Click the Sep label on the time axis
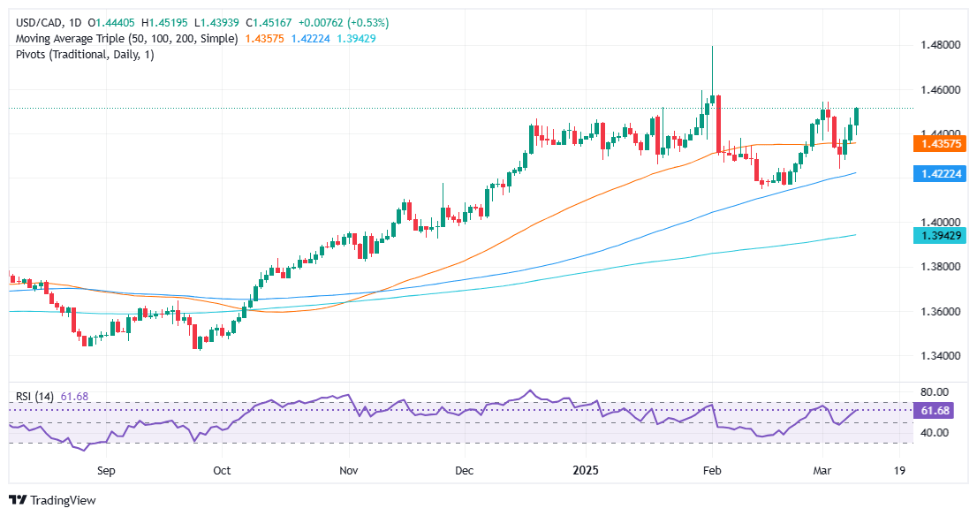click(x=107, y=471)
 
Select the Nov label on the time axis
click(x=351, y=471)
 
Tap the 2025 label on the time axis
click(x=586, y=471)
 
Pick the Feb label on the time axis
click(x=712, y=471)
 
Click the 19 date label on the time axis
click(x=899, y=471)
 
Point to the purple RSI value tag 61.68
click(x=939, y=410)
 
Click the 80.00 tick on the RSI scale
click(x=937, y=391)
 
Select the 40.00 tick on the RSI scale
click(x=937, y=433)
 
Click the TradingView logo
click(x=51, y=500)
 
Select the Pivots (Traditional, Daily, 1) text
click(x=85, y=56)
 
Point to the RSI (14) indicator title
click(x=34, y=397)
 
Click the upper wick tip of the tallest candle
click(x=712, y=46)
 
